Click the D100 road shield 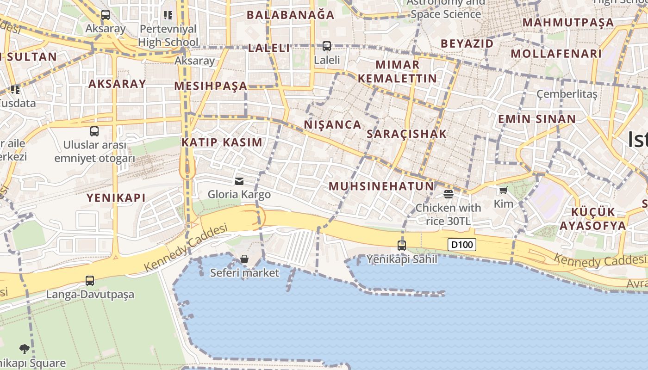pos(461,244)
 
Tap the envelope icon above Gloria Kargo pos(239,181)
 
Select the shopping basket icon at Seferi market pos(244,259)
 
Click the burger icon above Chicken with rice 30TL pos(448,194)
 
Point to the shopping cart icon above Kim pos(504,190)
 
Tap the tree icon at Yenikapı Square pos(24,349)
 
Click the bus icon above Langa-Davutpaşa pos(90,280)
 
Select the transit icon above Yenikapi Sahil pos(402,245)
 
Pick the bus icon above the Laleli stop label pos(327,46)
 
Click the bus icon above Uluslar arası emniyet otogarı pos(94,131)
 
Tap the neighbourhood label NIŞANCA pos(332,124)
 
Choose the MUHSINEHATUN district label pos(381,186)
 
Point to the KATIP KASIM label pos(222,142)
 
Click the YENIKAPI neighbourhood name pos(116,198)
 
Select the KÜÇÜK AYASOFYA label pos(592,219)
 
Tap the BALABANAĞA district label pos(290,15)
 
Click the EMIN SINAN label pos(536,119)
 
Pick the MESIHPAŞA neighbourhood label pos(211,86)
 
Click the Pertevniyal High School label pos(168,36)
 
